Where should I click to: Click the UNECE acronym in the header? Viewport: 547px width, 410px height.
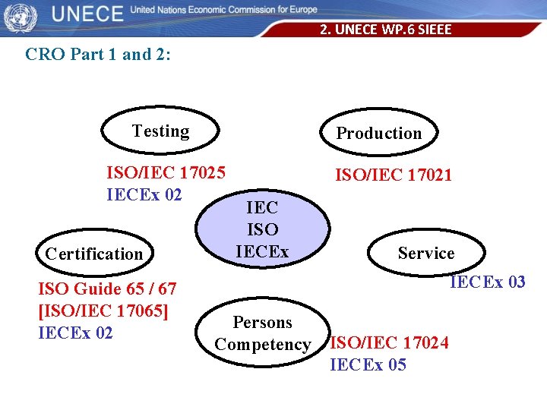[x=87, y=14]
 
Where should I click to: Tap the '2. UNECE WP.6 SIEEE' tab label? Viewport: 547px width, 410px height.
[x=385, y=30]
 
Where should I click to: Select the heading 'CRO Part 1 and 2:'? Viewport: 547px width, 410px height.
[x=99, y=55]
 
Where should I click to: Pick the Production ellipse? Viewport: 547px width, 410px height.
[x=378, y=133]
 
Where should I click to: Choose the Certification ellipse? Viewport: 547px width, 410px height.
[x=94, y=254]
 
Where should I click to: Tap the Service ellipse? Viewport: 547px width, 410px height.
[x=425, y=253]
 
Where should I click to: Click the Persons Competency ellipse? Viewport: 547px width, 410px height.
[x=263, y=333]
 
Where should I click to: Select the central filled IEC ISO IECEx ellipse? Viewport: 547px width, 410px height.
[x=262, y=229]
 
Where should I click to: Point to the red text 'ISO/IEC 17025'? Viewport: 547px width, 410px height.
[x=166, y=172]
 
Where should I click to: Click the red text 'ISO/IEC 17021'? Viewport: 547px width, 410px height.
[x=394, y=175]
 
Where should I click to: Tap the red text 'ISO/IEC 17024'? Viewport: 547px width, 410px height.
[x=389, y=343]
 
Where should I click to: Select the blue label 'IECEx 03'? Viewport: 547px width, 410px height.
[x=487, y=282]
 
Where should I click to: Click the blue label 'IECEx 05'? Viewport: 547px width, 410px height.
[x=368, y=365]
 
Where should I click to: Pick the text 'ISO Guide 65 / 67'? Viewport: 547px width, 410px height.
[x=107, y=289]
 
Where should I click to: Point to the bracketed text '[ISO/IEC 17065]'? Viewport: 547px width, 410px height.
[x=103, y=311]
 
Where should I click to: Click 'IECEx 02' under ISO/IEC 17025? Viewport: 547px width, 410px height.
[x=144, y=194]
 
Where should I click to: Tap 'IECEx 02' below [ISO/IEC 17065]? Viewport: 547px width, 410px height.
[x=75, y=333]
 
